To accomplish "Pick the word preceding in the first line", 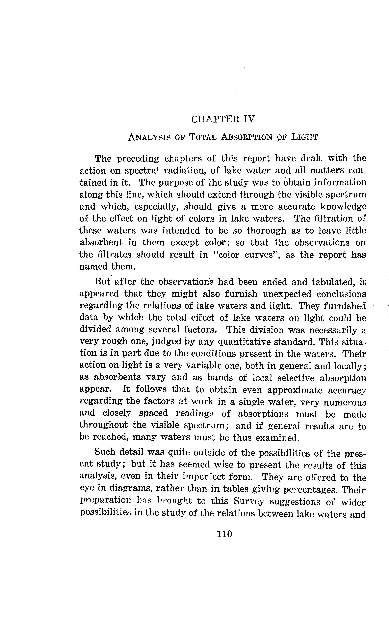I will point(138,158).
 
